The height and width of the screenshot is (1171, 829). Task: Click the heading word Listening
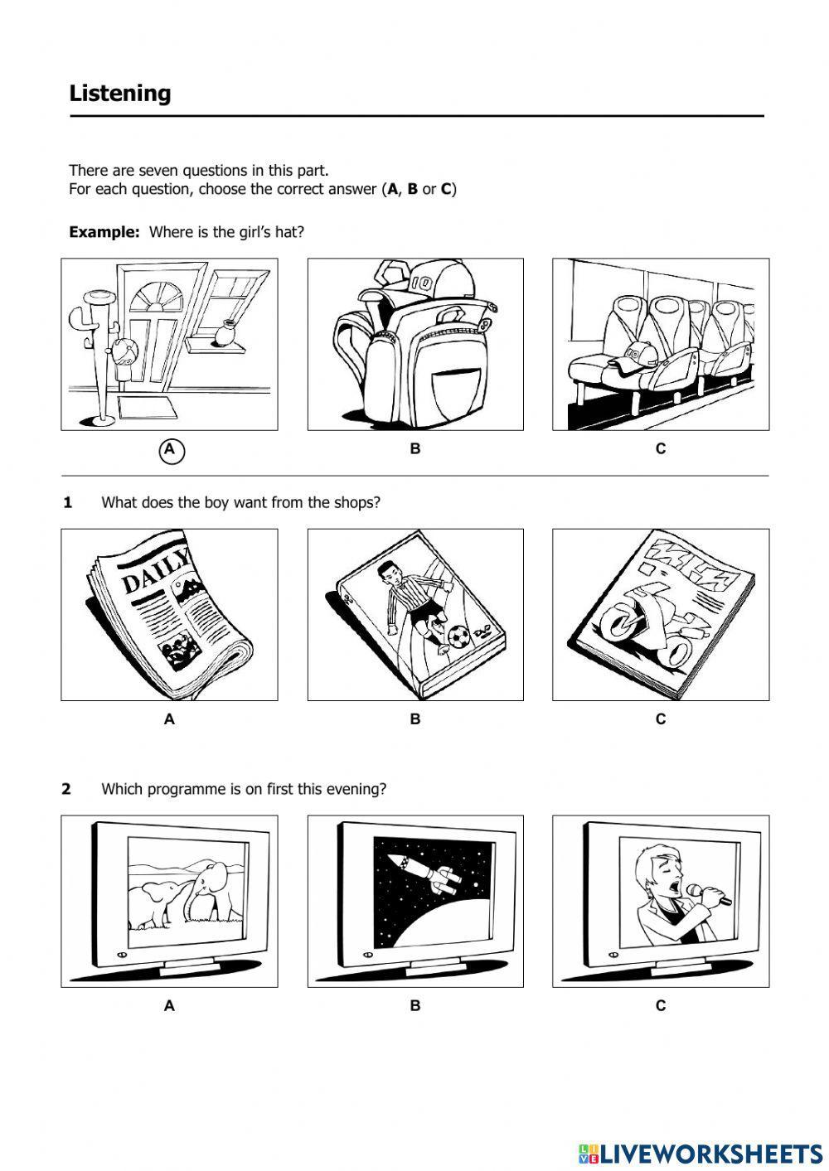click(x=120, y=94)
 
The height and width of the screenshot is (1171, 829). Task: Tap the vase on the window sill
click(x=224, y=333)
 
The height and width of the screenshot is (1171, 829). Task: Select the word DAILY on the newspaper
click(x=156, y=573)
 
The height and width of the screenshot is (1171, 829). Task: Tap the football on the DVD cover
click(x=458, y=636)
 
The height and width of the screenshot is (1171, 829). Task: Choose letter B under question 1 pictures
click(x=415, y=719)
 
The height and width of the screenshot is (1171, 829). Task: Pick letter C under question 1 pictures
click(x=661, y=719)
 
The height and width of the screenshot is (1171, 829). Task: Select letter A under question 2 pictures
click(x=170, y=1006)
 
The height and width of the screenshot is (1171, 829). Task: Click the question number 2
click(x=66, y=789)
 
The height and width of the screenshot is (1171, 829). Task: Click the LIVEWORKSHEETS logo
click(x=701, y=1153)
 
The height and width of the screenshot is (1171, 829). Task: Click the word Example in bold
click(x=104, y=232)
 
